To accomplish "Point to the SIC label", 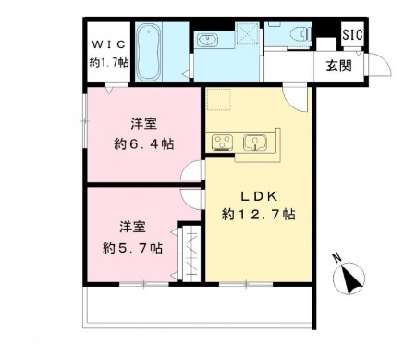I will [x=352, y=34].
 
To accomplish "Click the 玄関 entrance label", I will [x=336, y=64].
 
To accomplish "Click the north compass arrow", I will [x=352, y=277].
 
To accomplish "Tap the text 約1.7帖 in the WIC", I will [x=108, y=63].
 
